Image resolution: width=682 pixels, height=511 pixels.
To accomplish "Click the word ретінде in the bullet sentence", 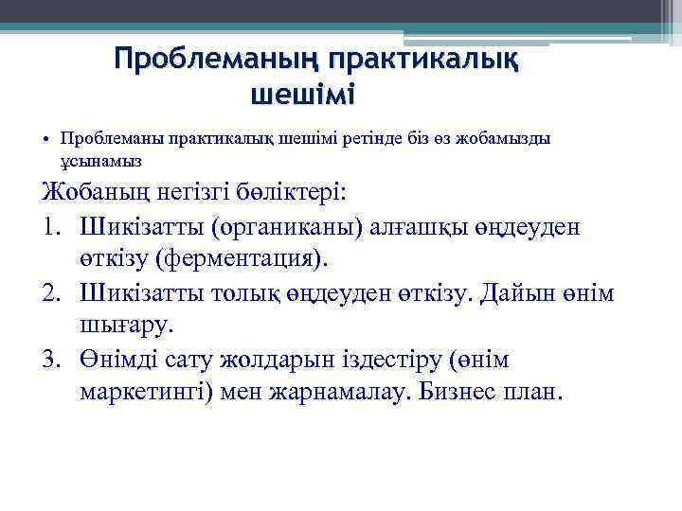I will tap(356, 138).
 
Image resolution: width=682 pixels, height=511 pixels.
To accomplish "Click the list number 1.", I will tap(52, 227).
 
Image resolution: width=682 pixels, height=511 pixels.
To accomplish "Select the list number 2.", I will tap(52, 294).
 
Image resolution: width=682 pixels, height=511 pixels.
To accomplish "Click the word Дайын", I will tap(520, 294).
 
